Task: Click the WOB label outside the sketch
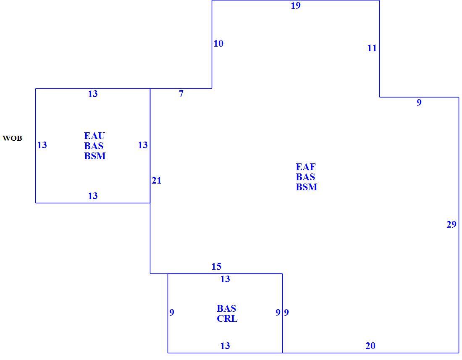[x=12, y=138]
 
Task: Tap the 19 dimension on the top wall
[x=296, y=5]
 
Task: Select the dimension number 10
[x=218, y=44]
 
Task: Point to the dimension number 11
[x=372, y=48]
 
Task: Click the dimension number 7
[x=181, y=94]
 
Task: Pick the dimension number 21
[x=157, y=180]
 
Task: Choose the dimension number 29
[x=451, y=224]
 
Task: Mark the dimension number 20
[x=370, y=346]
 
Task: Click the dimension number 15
[x=216, y=266]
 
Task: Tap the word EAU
[x=94, y=136]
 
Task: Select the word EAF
[x=305, y=167]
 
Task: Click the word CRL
[x=227, y=318]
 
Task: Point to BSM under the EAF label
[x=307, y=187]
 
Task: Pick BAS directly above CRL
[x=226, y=308]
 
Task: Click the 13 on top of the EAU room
[x=93, y=94]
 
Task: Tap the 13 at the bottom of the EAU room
[x=93, y=196]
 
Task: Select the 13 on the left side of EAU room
[x=42, y=145]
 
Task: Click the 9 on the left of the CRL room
[x=172, y=312]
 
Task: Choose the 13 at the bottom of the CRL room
[x=225, y=346]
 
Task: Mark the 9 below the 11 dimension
[x=419, y=102]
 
